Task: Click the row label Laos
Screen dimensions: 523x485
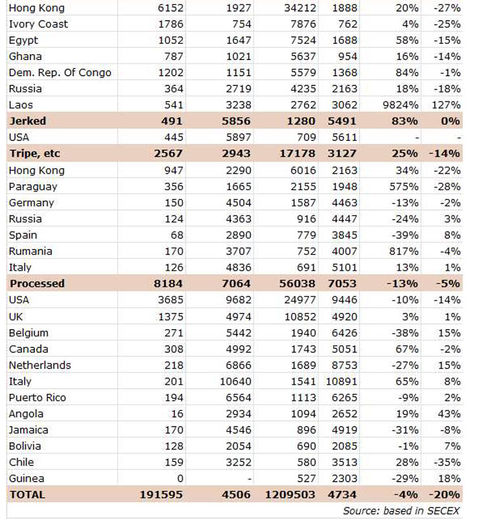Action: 21,105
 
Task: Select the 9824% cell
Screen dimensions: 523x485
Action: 400,105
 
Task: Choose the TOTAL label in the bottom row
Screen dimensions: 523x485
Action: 27,495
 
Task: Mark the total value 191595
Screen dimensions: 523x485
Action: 161,495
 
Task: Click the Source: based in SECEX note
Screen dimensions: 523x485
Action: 402,511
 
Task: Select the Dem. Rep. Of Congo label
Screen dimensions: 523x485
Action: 59,72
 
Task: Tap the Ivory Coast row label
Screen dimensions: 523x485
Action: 38,24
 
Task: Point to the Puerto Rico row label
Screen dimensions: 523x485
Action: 38,398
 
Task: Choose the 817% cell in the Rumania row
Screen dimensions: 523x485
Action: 405,251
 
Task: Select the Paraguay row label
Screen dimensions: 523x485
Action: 33,186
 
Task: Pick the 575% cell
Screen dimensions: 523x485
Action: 405,186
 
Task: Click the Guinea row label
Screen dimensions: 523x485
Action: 27,478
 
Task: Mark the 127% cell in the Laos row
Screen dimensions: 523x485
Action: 447,105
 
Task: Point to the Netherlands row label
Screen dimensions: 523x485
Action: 40,365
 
